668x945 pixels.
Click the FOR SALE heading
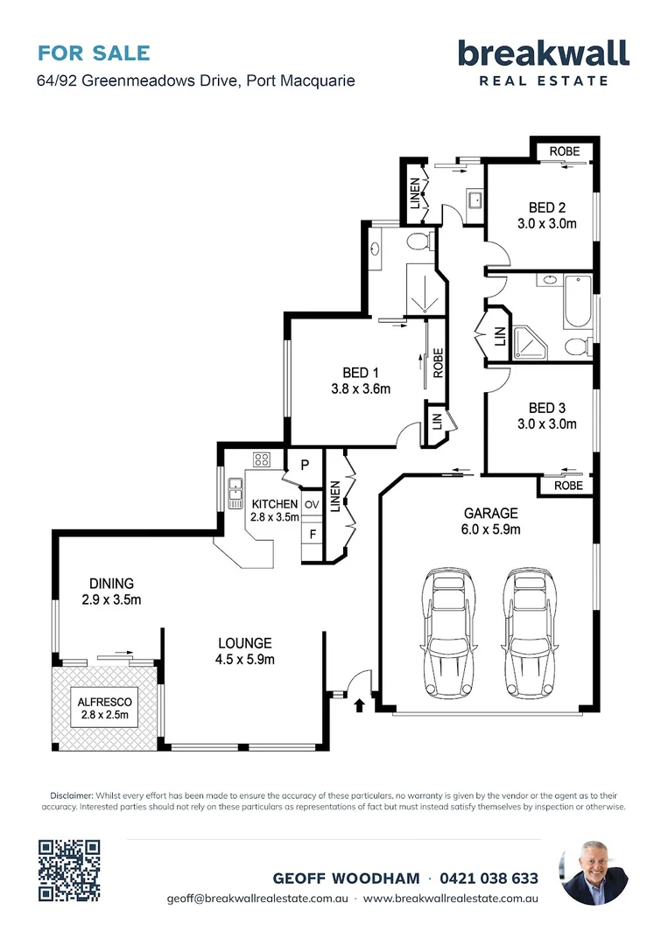(94, 53)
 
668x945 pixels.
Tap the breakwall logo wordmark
(544, 53)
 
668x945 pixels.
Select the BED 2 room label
(547, 207)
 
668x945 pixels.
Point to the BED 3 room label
(547, 408)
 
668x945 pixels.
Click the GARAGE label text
(491, 514)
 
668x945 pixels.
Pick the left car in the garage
(447, 633)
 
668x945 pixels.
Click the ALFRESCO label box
(104, 708)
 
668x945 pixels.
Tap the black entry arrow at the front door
(359, 704)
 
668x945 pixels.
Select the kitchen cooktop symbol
(262, 460)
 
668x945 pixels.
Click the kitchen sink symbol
(236, 493)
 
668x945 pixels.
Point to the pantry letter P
(305, 465)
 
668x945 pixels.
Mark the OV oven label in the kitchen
(311, 505)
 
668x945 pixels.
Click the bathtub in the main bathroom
(578, 301)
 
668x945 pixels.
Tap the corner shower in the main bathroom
(528, 343)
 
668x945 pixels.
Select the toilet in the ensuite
(418, 242)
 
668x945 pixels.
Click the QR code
(69, 871)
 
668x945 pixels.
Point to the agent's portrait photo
(594, 872)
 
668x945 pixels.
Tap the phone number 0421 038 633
(489, 878)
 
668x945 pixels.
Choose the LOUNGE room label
(245, 644)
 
